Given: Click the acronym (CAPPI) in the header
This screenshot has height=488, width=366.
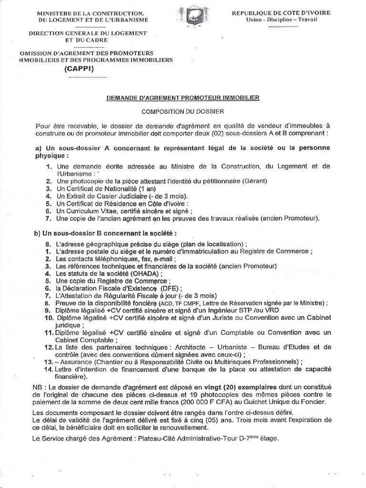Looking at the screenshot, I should (79, 69).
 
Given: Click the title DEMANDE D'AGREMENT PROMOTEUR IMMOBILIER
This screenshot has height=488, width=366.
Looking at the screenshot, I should (183, 97).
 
